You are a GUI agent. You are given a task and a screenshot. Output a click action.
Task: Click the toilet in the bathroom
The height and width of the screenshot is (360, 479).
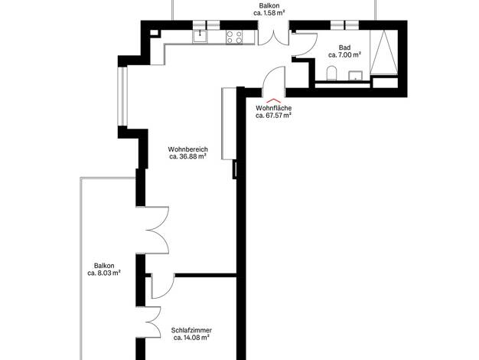(x=331, y=74)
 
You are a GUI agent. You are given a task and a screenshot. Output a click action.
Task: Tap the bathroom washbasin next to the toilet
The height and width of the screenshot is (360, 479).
(x=356, y=76)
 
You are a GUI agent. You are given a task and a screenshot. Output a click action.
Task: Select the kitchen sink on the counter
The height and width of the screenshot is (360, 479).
(x=200, y=37)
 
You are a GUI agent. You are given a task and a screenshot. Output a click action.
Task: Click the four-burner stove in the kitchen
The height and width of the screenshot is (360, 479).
(x=235, y=37)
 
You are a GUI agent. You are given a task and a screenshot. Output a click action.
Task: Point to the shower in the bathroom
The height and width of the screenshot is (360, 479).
(x=383, y=52)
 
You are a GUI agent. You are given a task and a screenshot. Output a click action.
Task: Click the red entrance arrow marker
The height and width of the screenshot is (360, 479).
(x=273, y=100)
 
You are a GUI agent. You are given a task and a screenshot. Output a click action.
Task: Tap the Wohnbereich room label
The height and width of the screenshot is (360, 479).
(x=188, y=149)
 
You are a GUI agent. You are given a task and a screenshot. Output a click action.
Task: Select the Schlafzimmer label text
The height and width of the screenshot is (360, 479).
(x=191, y=330)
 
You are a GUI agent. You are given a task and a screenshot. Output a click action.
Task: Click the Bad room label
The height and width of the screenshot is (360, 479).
(x=344, y=47)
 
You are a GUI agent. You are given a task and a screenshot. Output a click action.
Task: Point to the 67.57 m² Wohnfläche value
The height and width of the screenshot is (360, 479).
(x=273, y=116)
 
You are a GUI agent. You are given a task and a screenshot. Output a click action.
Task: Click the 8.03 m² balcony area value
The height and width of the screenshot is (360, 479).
(x=104, y=273)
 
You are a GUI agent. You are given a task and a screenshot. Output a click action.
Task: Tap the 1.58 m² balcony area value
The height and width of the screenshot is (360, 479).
(x=269, y=13)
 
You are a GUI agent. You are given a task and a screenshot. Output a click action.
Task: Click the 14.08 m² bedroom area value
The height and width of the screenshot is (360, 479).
(x=191, y=338)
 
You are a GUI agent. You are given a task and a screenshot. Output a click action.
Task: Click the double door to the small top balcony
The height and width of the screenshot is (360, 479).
(x=274, y=38)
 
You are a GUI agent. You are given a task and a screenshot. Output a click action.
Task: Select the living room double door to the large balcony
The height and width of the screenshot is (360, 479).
(x=156, y=230)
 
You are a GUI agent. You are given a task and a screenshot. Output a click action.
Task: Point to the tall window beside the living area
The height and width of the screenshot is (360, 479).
(x=122, y=96)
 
